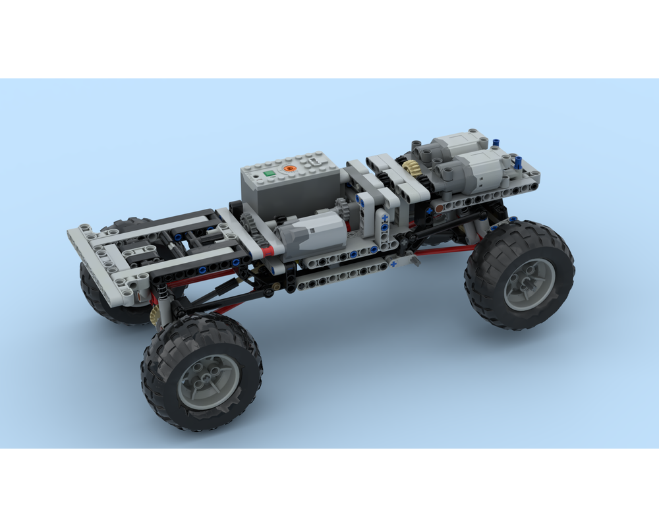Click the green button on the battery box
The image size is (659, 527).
tap(269, 174)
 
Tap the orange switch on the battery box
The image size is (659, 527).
tap(289, 169)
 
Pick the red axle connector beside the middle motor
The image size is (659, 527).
tap(268, 252)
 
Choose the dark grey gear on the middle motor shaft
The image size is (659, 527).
tap(343, 210)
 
